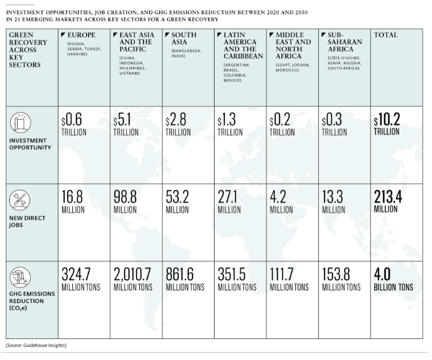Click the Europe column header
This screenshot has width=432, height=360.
point(81,35)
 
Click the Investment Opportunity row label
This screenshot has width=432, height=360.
point(30,144)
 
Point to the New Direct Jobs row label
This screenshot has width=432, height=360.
point(22,221)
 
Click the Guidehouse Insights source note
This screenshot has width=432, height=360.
point(36,346)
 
